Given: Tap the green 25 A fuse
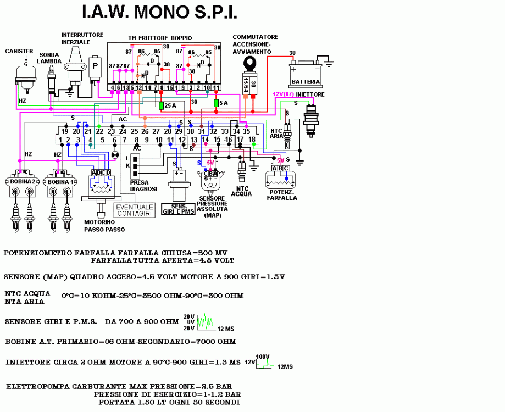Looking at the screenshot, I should click(x=162, y=105).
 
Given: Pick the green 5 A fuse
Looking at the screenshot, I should click(x=217, y=103).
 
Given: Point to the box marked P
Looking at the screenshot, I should click(x=97, y=67).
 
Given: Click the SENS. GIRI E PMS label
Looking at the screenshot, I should click(x=179, y=209).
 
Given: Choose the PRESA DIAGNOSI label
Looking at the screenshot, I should click(x=143, y=185).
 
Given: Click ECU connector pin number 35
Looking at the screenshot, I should click(x=247, y=131).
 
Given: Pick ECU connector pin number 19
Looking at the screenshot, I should click(x=65, y=131).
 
